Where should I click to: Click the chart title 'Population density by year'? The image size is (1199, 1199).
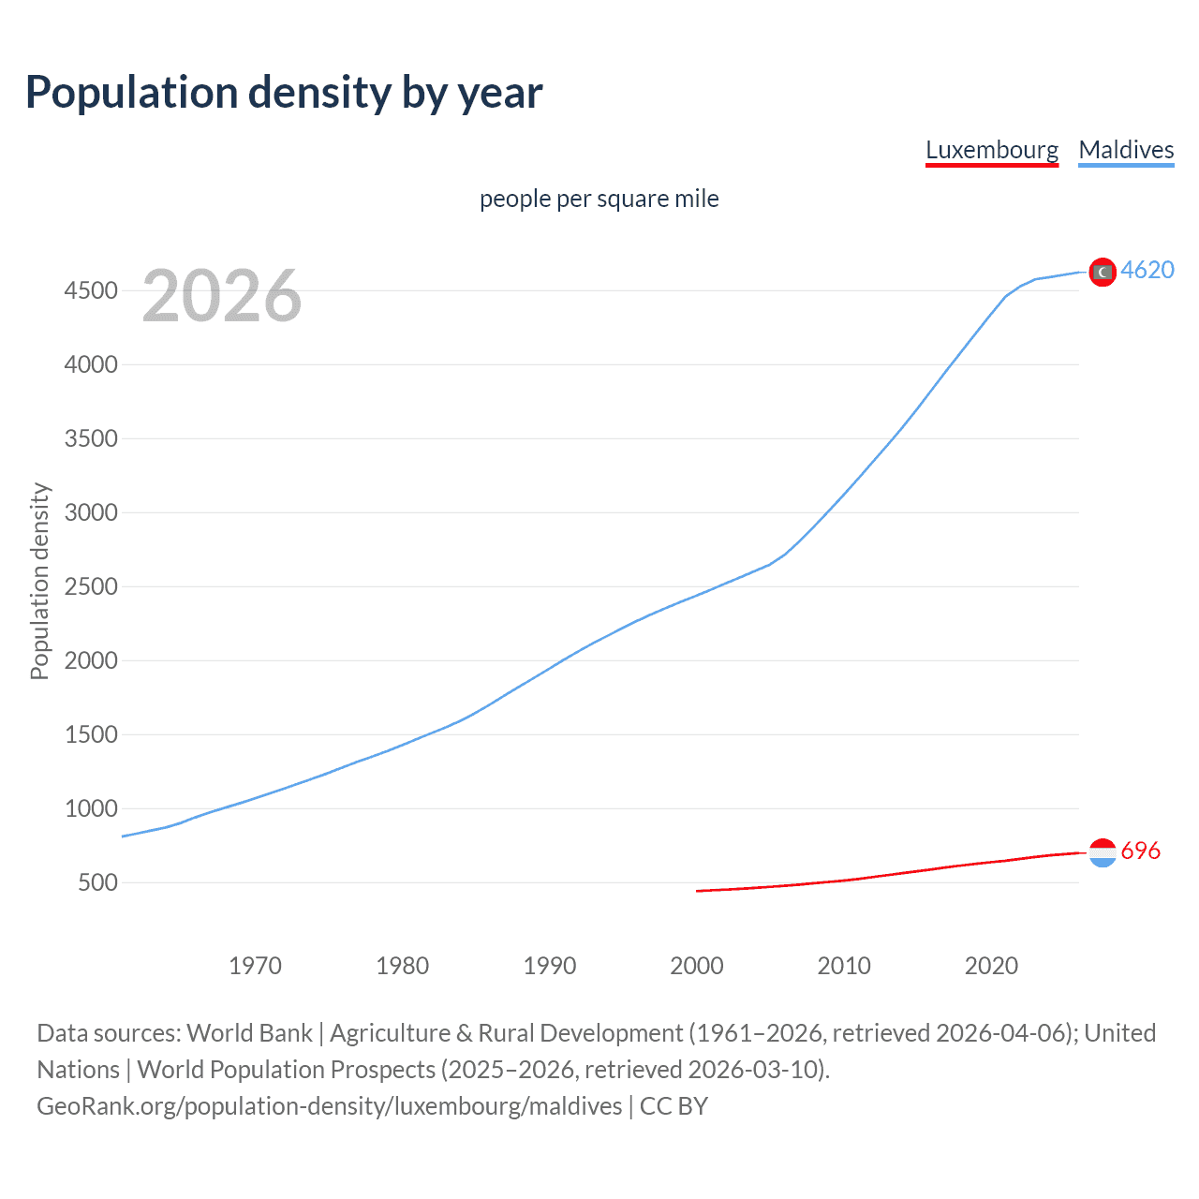coord(284,93)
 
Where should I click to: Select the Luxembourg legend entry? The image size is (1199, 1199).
coord(991,150)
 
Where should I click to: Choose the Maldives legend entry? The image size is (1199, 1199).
coord(1126,150)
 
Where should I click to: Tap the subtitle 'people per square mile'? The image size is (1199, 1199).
coord(599,199)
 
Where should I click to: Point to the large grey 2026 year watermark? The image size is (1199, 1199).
coord(222,296)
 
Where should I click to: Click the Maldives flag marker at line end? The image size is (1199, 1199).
coord(1103,272)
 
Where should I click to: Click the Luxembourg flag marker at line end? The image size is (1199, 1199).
coord(1103,852)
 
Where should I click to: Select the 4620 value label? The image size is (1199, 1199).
coord(1147,270)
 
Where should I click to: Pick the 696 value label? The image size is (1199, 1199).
coord(1140,851)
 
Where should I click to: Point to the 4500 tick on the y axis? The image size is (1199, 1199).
coord(91,290)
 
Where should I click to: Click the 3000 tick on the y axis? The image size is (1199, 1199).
coord(91,512)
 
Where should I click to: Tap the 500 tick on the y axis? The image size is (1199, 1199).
coord(97,882)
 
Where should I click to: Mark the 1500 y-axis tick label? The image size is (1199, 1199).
coord(91,734)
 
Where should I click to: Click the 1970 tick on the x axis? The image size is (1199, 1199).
coord(255,966)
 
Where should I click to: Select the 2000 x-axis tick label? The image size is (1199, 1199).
coord(697,966)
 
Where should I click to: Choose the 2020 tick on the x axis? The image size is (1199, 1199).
coord(991,966)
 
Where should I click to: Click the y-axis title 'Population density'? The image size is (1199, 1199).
coord(39,581)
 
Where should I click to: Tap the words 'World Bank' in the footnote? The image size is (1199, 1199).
coord(249,1033)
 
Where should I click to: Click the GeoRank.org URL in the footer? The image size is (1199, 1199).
coord(329,1106)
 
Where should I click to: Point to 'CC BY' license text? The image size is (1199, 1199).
coord(674,1106)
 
